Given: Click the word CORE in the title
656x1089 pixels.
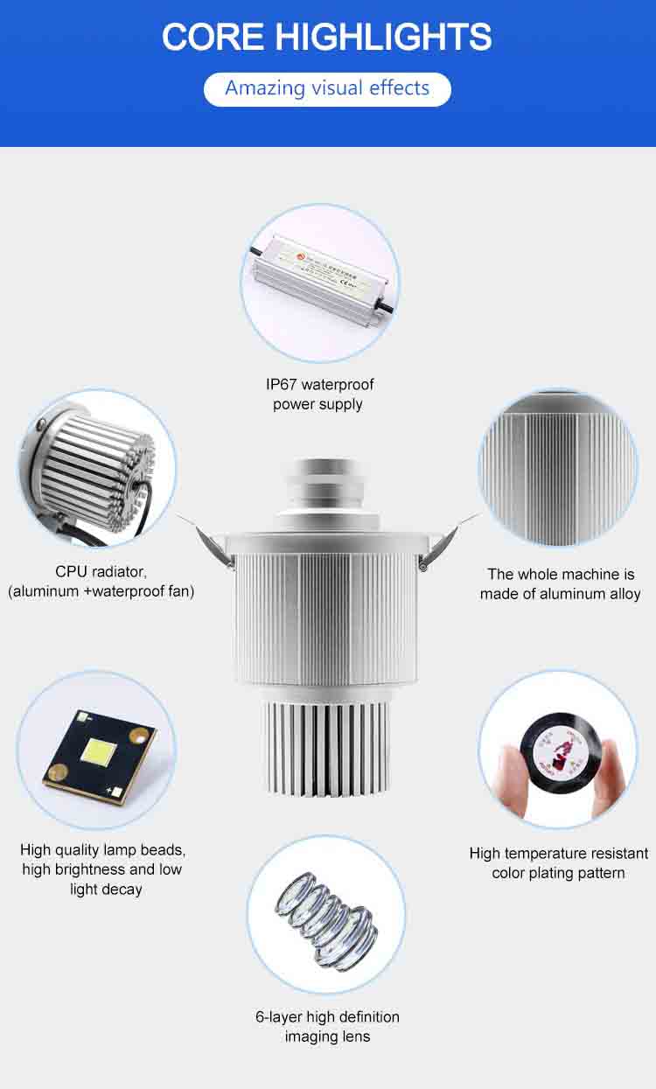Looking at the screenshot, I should [x=213, y=37].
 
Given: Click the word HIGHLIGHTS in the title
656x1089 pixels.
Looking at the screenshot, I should [x=383, y=37].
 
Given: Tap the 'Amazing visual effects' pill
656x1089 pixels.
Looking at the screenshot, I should [x=327, y=88].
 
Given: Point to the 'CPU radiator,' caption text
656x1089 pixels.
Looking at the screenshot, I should [x=101, y=571].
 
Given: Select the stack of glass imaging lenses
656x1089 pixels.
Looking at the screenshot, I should [x=326, y=914].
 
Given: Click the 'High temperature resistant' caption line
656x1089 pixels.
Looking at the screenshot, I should [x=558, y=853].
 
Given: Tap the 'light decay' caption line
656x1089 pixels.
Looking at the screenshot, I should [x=106, y=889].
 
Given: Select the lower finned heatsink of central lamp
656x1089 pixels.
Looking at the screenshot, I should [x=326, y=743].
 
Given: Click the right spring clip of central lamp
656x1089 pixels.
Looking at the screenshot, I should [x=446, y=537].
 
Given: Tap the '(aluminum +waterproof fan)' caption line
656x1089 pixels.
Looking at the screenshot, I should [x=101, y=591].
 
